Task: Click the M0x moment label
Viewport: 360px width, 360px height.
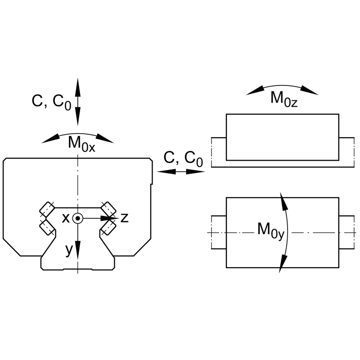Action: click(81, 144)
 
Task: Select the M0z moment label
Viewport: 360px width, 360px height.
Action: click(284, 99)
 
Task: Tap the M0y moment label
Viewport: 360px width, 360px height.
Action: click(271, 230)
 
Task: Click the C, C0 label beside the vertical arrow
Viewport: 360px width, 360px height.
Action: click(51, 102)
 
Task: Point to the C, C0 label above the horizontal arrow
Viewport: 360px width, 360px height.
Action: click(183, 159)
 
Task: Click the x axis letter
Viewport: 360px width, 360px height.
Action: click(66, 218)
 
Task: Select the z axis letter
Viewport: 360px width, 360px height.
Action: click(125, 218)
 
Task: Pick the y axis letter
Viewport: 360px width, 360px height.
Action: click(69, 250)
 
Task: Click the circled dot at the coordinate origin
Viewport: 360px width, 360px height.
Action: click(77, 218)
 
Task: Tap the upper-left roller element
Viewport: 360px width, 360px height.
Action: click(47, 209)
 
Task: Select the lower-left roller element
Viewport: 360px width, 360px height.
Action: click(47, 227)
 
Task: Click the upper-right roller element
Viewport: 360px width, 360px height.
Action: click(108, 209)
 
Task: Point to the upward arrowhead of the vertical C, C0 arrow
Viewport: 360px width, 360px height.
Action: click(77, 87)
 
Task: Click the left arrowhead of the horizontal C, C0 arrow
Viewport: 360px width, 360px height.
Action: click(166, 171)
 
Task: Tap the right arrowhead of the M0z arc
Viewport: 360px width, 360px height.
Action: click(310, 90)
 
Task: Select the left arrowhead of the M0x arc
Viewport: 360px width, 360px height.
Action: click(50, 139)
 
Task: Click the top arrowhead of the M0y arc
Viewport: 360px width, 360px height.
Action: click(284, 201)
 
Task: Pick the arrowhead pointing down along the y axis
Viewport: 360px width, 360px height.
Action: click(77, 250)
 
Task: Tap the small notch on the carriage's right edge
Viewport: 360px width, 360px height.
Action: click(152, 184)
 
